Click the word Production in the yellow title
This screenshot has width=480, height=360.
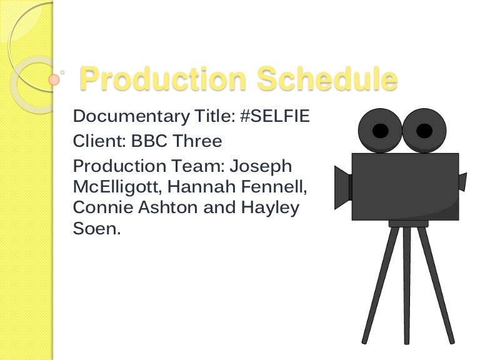(x=163, y=78)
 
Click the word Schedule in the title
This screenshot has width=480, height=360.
(x=327, y=78)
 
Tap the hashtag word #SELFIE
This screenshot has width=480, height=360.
(x=275, y=116)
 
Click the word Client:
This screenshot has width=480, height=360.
(x=99, y=141)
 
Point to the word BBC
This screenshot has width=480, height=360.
(x=149, y=141)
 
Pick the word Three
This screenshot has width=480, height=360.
(x=197, y=141)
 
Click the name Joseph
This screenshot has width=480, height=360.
(x=261, y=167)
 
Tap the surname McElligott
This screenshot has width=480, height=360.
(x=117, y=187)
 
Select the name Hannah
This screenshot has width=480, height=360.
(x=201, y=186)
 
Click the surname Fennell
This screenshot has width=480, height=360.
(x=274, y=187)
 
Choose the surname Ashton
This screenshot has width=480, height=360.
(x=167, y=207)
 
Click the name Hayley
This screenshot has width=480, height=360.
(x=270, y=208)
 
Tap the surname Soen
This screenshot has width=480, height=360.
(x=97, y=228)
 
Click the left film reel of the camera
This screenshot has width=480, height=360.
(x=380, y=131)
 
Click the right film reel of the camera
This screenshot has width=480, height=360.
(x=424, y=131)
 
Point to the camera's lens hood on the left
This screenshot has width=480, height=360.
(x=343, y=187)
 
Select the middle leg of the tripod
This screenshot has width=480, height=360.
(x=406, y=285)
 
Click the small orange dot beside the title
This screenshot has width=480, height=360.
(x=54, y=79)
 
